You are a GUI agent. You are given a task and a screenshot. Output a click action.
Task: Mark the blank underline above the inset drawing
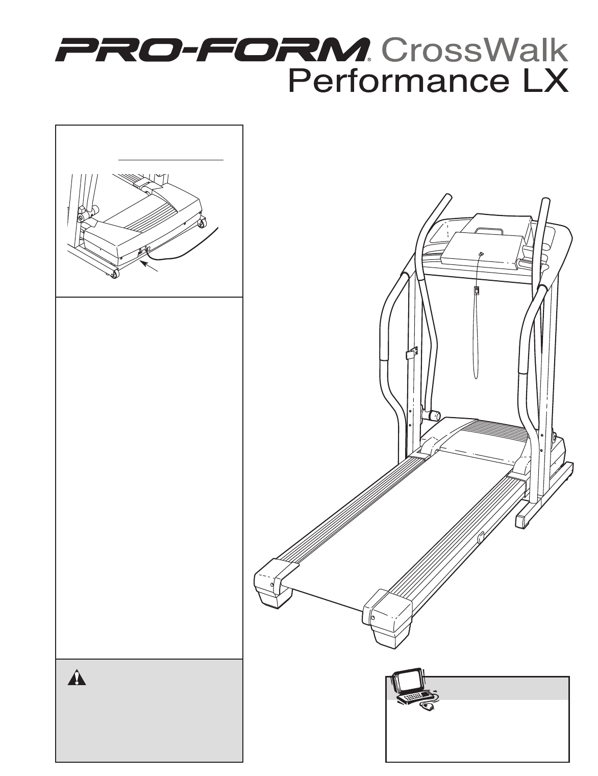171,160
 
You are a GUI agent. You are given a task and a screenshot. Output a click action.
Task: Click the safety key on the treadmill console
481,254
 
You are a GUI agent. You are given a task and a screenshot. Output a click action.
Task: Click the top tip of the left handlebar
446,196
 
